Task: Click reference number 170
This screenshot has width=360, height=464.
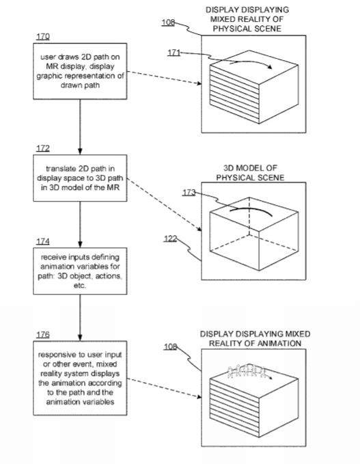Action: click(x=43, y=36)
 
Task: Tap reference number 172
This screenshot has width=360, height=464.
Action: click(x=43, y=148)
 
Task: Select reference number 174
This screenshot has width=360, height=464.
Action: click(x=43, y=241)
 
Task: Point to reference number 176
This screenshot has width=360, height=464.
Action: click(x=43, y=334)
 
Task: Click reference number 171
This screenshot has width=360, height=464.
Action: click(x=174, y=53)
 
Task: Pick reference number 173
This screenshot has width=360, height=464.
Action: click(x=189, y=192)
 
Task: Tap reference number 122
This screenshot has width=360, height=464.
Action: click(x=170, y=238)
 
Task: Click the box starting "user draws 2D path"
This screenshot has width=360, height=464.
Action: click(x=80, y=71)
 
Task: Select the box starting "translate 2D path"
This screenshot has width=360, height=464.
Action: click(x=80, y=178)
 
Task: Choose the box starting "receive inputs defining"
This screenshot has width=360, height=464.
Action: click(x=80, y=271)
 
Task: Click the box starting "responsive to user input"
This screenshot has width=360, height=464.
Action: click(x=80, y=378)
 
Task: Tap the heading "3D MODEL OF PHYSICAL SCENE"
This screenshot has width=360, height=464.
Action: click(x=250, y=173)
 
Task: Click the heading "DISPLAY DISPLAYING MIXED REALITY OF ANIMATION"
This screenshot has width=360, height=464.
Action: click(x=255, y=338)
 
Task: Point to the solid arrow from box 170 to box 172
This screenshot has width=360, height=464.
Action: click(x=80, y=126)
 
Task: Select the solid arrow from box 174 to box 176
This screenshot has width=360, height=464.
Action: click(x=80, y=318)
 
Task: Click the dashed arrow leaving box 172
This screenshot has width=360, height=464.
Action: click(x=165, y=205)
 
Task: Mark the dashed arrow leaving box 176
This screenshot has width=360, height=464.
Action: click(x=165, y=388)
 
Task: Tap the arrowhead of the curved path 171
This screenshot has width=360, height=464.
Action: click(x=269, y=67)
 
